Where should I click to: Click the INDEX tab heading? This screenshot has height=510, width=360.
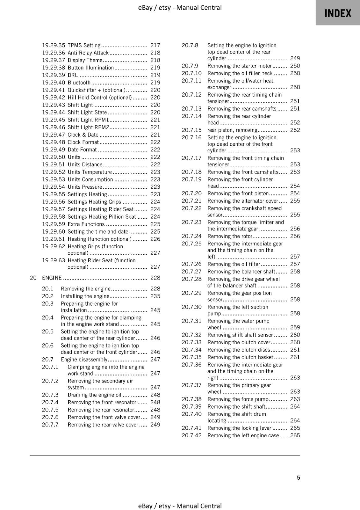click(338, 13)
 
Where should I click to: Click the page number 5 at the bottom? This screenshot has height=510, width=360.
click(298, 477)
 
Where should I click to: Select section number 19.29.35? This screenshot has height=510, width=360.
click(53, 45)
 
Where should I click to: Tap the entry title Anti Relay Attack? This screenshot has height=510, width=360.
click(88, 53)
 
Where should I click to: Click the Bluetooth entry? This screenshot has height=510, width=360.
click(79, 83)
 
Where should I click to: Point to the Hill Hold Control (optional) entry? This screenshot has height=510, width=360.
click(99, 98)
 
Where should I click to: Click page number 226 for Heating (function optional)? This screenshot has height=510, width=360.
click(155, 239)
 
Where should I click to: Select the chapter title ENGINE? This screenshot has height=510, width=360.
click(52, 278)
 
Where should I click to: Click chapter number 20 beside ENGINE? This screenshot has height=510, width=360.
click(33, 278)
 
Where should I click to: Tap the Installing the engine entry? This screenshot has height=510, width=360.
click(85, 296)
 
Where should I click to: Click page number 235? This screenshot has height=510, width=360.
click(155, 296)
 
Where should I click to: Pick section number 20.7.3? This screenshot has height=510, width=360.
click(50, 395)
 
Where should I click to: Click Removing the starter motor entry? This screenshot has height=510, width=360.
click(239, 66)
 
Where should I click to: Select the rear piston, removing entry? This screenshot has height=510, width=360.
click(232, 130)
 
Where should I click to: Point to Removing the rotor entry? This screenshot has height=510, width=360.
click(230, 236)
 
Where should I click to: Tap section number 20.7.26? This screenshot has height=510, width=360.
click(191, 264)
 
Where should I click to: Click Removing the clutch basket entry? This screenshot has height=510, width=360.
click(240, 357)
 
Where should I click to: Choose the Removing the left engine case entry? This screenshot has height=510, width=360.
click(243, 435)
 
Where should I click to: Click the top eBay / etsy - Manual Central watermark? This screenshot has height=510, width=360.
click(180, 8)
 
